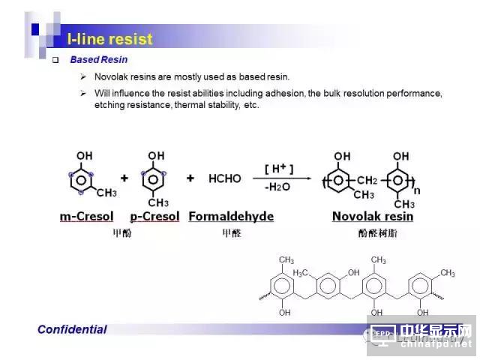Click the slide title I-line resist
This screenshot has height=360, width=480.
point(109,39)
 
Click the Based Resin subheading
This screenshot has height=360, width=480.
point(98,60)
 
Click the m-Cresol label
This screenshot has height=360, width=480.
point(86,217)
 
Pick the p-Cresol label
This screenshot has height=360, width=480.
point(154,217)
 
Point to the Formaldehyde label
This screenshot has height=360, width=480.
point(231,217)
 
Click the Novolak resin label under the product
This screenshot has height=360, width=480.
point(373,217)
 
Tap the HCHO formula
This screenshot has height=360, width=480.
point(225,178)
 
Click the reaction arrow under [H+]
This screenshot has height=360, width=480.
point(281,178)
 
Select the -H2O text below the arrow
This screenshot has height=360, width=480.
point(278,188)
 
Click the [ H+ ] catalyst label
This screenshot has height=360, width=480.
point(278,167)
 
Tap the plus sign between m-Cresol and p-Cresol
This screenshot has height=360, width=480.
point(124,178)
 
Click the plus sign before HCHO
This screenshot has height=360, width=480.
point(190,178)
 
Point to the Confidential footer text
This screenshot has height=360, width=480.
point(72,329)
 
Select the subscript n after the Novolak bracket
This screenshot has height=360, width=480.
point(417,190)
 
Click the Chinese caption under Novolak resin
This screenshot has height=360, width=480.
point(372,233)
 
